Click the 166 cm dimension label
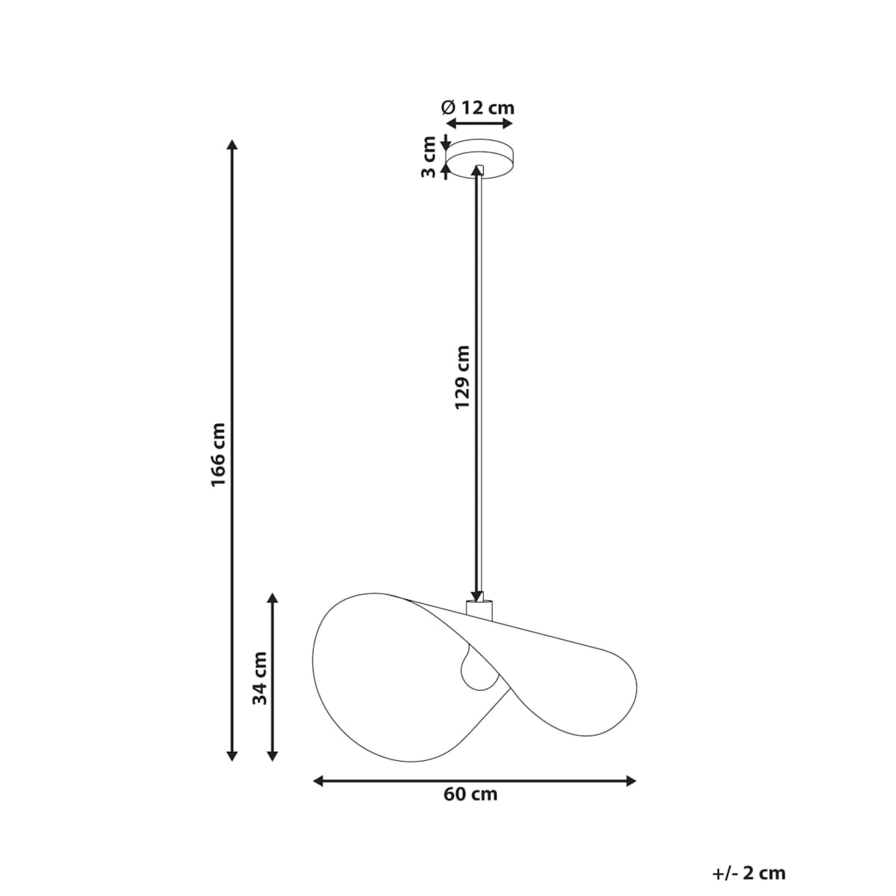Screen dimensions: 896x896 [x=218, y=454]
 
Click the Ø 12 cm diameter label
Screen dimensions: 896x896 [x=478, y=108]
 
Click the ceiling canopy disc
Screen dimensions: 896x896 [x=479, y=158]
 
